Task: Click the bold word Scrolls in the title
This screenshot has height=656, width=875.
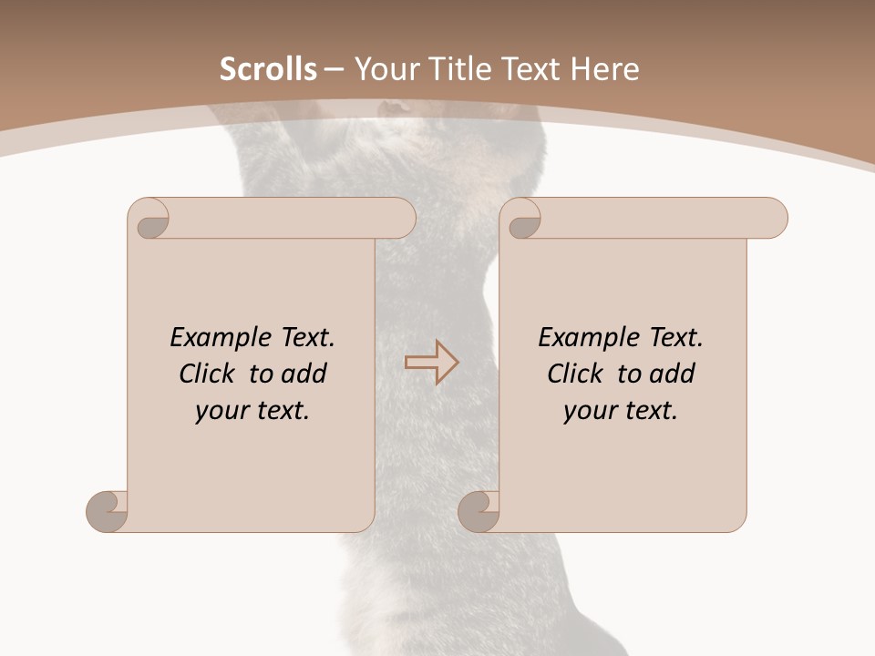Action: coord(268,69)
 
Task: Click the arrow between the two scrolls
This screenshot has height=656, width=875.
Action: coord(432,362)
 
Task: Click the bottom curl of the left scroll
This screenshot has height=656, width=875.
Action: coord(108,511)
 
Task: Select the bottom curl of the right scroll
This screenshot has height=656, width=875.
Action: coord(479,511)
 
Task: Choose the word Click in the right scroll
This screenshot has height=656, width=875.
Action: coord(575,374)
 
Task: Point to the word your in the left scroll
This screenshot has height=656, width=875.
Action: coord(222,411)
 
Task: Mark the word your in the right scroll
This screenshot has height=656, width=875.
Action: coord(591,411)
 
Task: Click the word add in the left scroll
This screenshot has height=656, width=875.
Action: coord(303,374)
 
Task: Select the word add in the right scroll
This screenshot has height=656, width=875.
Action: coord(671,374)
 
